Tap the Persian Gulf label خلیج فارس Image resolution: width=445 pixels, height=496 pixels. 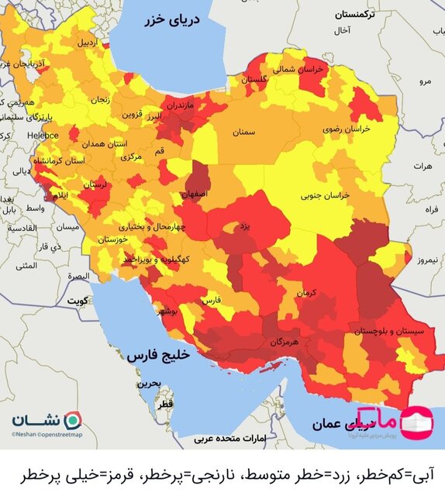tap(164, 356)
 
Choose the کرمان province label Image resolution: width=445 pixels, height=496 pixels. tap(307, 293)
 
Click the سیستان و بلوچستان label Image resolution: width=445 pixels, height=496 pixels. tap(379, 330)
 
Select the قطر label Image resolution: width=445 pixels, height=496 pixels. tap(165, 405)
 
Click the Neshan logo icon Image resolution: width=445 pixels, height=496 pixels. tap(71, 418)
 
